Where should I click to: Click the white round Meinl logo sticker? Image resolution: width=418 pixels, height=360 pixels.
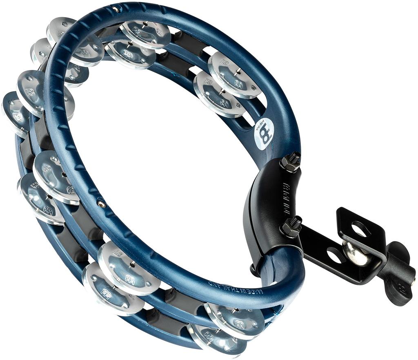click(263, 134)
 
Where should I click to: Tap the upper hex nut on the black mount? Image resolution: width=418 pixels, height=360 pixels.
click(289, 163)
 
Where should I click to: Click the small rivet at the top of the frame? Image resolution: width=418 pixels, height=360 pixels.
click(116, 9)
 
